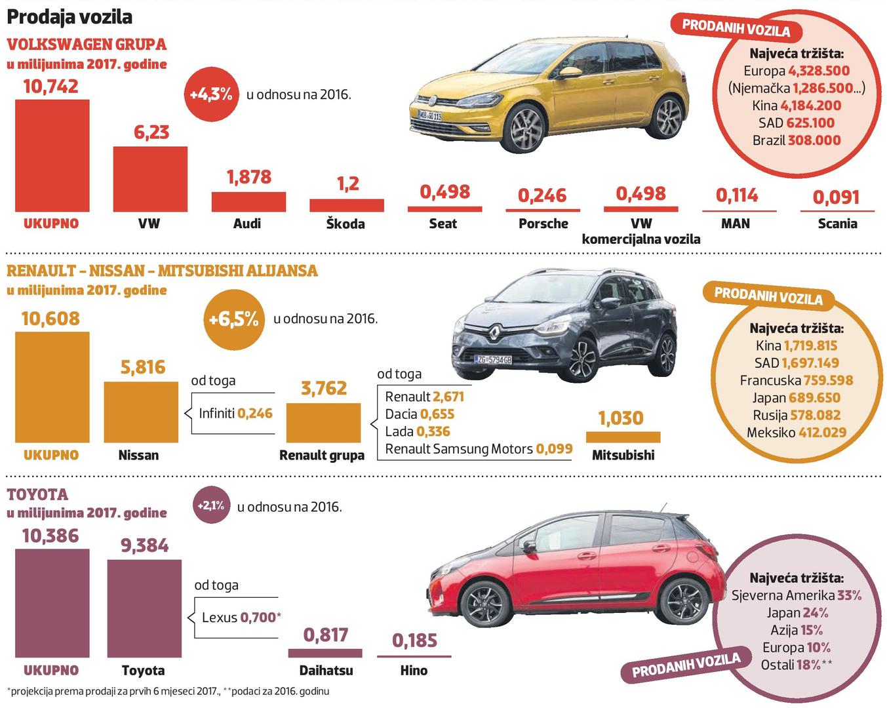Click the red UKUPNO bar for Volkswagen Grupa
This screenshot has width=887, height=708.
coord(52,155)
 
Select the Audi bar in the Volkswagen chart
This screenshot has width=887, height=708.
coord(248,202)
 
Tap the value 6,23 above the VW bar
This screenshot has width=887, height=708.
coord(151,132)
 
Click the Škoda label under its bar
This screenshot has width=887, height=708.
coord(345,224)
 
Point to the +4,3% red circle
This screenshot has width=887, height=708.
coord(211,94)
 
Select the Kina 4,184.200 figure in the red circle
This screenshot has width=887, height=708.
coord(797,106)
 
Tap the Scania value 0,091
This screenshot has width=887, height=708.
coord(836,197)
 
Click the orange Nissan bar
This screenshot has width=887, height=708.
coord(141,412)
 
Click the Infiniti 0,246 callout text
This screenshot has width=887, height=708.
coord(235,414)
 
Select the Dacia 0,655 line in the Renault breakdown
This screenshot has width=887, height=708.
coord(420,414)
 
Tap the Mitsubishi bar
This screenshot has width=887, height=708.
coord(623,437)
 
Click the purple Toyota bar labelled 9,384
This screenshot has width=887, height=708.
coord(144,608)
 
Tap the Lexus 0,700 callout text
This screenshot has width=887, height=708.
coord(241,618)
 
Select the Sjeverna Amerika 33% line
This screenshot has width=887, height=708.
coord(796,595)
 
